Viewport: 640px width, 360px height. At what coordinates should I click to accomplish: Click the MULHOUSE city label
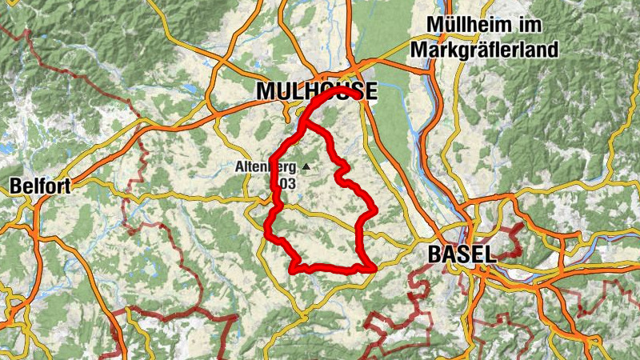coord(316,91)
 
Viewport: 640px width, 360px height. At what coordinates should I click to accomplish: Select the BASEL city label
coord(462,254)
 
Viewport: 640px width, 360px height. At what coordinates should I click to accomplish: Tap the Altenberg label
coord(266,168)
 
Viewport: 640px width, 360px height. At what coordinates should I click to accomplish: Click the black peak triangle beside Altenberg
coord(305,167)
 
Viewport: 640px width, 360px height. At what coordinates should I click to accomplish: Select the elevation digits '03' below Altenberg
coord(286,184)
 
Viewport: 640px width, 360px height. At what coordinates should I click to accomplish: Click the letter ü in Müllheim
coord(446,25)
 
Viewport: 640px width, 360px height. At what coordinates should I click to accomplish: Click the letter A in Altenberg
coord(240,168)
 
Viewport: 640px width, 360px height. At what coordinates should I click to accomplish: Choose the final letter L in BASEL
coord(490,254)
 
